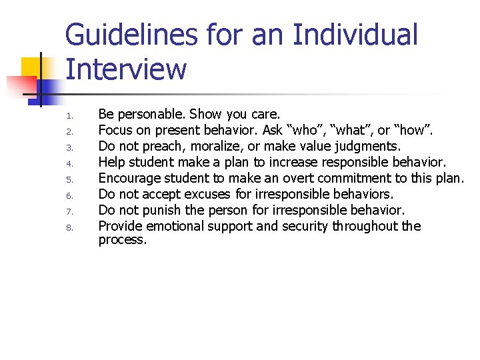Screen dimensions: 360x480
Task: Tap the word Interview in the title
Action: pyautogui.click(x=126, y=69)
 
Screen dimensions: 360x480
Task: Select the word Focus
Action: pyautogui.click(x=116, y=130)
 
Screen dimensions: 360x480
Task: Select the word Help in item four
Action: pyautogui.click(x=112, y=162)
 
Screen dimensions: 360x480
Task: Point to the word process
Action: pyautogui.click(x=122, y=239)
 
